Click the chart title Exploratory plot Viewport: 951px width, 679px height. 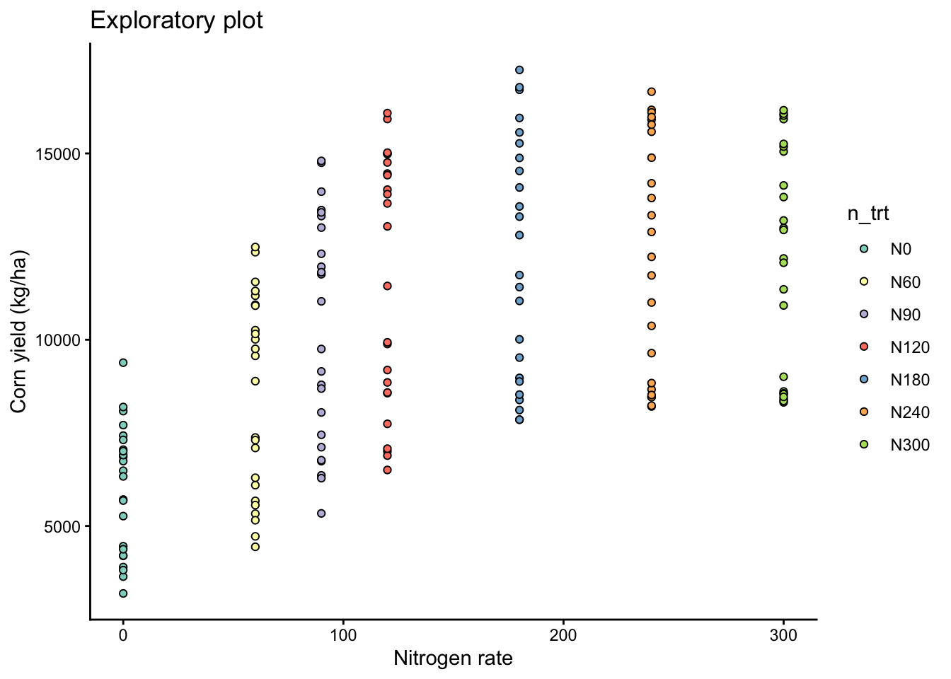click(176, 21)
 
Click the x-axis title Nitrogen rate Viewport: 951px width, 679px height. click(453, 658)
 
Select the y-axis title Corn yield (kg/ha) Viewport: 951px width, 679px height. click(18, 331)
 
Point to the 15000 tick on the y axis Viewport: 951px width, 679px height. click(59, 154)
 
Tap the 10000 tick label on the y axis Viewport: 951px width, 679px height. click(59, 340)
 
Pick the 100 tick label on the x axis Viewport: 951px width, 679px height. click(343, 635)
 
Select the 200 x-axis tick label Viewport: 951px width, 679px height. click(563, 635)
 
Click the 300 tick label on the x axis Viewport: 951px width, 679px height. click(783, 635)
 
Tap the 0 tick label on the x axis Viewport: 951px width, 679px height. click(123, 635)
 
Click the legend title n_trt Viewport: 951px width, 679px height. click(868, 214)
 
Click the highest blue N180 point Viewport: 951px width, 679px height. click(519, 70)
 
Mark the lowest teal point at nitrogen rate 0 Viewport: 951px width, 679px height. click(123, 593)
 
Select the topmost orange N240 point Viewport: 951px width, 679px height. click(651, 92)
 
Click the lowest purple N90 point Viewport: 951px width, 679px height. click(321, 513)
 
